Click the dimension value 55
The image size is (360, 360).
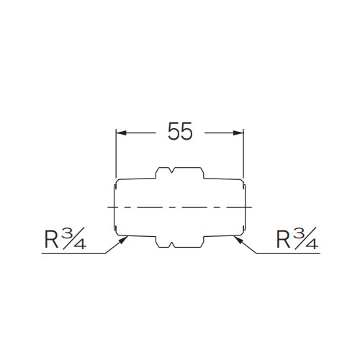(180, 132)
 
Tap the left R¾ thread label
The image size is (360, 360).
(64, 238)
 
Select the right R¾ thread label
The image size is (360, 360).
(296, 238)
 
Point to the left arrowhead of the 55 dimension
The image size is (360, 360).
(122, 132)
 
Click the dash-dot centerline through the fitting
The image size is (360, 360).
(180, 207)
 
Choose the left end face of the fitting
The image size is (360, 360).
(113, 207)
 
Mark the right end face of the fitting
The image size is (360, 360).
(247, 207)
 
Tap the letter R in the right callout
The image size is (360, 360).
(284, 240)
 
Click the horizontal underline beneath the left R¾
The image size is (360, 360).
(72, 254)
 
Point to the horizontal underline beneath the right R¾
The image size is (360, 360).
(288, 254)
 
